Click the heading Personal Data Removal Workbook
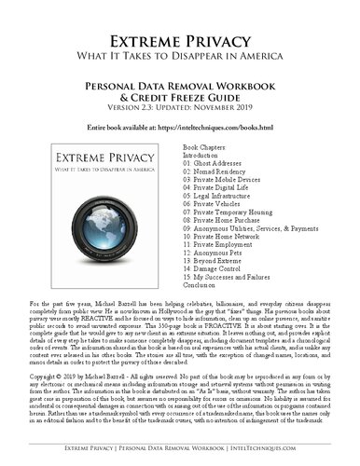(179, 85)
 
